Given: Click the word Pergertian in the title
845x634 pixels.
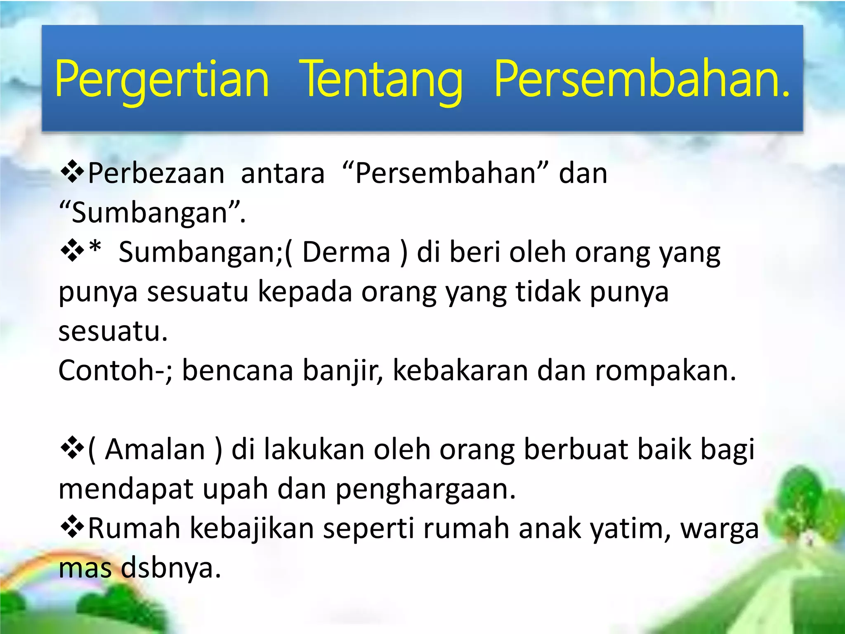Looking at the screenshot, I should [x=162, y=79].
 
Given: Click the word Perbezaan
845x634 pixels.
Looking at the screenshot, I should [x=156, y=173].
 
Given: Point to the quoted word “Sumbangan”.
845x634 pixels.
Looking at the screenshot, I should [x=152, y=213].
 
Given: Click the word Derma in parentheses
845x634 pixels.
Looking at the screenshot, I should [x=346, y=252].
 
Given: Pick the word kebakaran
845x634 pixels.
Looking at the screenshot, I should [x=460, y=370].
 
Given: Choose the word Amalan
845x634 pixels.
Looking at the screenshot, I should [x=155, y=449].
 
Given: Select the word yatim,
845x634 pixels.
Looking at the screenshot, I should [x=630, y=529].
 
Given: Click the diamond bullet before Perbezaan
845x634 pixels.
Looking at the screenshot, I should [x=72, y=173].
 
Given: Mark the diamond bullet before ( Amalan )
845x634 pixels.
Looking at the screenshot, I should [x=72, y=449].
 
